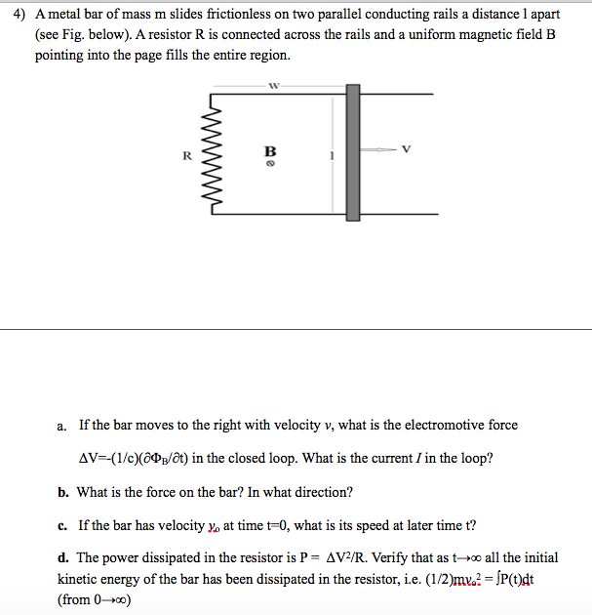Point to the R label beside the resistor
click(183, 154)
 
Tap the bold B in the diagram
click(271, 150)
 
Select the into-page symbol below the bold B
click(271, 163)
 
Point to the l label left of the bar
click(332, 154)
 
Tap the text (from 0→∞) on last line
click(95, 599)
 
